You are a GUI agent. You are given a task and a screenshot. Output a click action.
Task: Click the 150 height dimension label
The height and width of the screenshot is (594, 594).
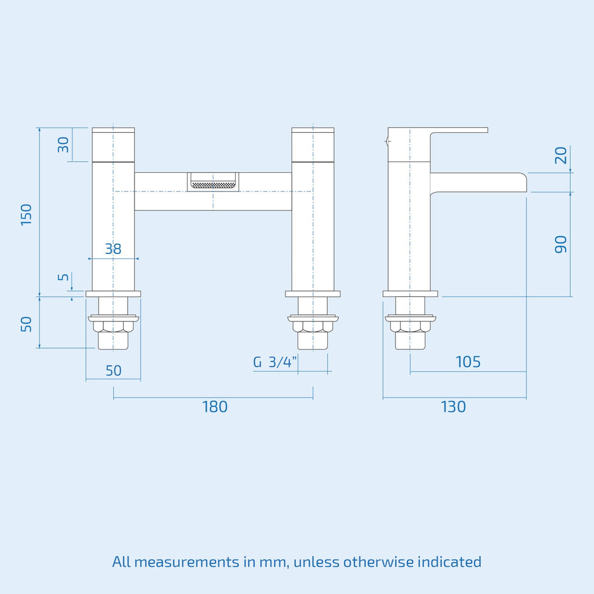[26, 215]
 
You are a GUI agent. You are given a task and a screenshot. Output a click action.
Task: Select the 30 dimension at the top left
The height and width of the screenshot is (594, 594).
[63, 144]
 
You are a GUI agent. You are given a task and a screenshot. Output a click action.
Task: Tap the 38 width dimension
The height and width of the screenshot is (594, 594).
[113, 249]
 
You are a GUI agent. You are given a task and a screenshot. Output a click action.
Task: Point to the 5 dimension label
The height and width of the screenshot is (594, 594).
[63, 277]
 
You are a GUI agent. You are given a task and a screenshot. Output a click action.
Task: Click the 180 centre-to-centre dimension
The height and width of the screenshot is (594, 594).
[215, 407]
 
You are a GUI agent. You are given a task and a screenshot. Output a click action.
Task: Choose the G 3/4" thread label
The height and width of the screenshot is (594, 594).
[274, 362]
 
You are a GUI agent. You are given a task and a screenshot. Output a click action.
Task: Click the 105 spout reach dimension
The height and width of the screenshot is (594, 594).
[468, 362]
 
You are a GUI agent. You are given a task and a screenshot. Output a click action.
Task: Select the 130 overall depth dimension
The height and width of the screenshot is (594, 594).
[453, 407]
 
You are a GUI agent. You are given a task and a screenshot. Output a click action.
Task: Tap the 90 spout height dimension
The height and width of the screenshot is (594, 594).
[561, 244]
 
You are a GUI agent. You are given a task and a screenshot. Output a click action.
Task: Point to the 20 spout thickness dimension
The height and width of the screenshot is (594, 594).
[561, 155]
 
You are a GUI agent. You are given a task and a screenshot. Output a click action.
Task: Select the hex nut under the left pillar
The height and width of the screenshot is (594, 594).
[113, 327]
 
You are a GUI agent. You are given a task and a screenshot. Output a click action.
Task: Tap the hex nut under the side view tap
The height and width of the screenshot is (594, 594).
[410, 327]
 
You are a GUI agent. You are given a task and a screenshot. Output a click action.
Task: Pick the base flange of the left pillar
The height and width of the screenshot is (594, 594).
[113, 294]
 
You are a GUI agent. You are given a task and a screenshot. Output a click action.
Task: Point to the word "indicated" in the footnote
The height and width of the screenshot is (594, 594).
[450, 562]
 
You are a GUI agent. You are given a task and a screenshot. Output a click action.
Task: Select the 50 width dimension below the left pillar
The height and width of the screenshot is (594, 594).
[113, 371]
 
